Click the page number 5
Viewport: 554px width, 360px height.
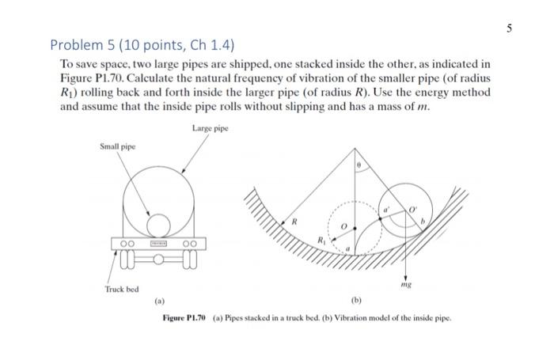(x=510, y=28)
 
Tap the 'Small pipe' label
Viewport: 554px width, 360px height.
(x=118, y=146)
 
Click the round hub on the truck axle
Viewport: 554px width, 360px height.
(x=159, y=257)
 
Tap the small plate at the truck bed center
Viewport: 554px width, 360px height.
(x=159, y=242)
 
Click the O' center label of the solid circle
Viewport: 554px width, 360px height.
(x=412, y=210)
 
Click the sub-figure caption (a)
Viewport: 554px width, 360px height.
(x=159, y=301)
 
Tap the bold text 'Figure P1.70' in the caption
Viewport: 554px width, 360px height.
(x=184, y=318)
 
